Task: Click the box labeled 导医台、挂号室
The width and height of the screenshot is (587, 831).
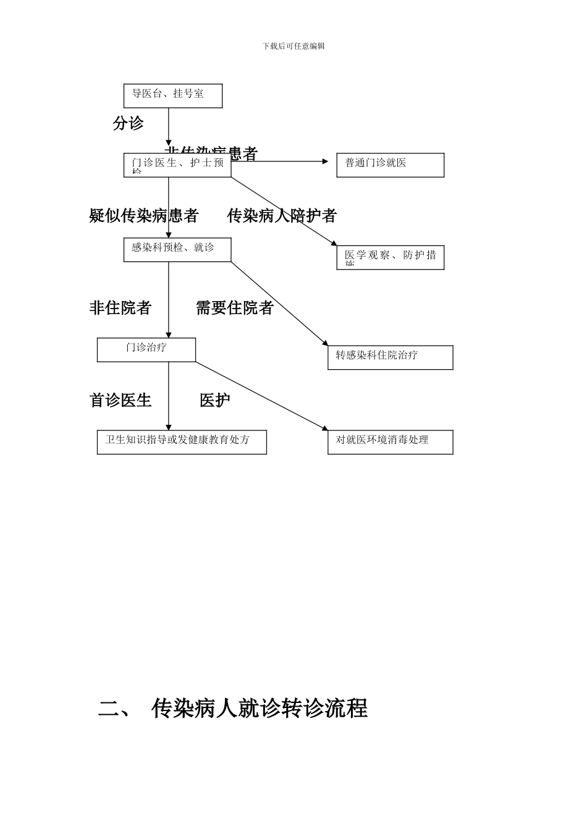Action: [173, 96]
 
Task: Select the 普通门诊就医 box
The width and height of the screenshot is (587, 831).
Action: [390, 165]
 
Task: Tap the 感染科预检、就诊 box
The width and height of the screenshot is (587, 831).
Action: [177, 250]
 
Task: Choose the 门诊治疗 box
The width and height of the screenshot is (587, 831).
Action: [146, 350]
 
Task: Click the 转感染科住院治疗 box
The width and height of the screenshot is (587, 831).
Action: [390, 357]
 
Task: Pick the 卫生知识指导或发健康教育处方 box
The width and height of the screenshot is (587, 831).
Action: [182, 442]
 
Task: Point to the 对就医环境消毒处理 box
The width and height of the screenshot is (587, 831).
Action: [390, 442]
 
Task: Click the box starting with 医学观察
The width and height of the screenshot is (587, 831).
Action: [390, 257]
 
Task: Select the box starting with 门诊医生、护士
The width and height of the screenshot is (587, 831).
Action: [177, 165]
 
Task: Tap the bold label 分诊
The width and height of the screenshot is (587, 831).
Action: [128, 123]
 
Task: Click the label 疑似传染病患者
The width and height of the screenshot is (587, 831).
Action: [143, 216]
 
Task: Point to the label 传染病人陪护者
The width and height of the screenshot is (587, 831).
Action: [282, 216]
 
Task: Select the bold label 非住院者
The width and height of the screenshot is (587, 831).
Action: [120, 308]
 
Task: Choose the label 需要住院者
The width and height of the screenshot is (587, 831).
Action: [235, 308]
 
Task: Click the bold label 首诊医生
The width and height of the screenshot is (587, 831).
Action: [120, 401]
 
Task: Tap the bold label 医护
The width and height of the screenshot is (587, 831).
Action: [214, 401]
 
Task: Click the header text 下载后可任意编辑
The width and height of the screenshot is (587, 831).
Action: [293, 46]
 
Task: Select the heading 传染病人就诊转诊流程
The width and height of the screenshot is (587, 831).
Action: [260, 709]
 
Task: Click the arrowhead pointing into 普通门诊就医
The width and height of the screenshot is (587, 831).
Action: [326, 161]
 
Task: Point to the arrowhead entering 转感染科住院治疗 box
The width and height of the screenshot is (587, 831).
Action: [325, 343]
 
